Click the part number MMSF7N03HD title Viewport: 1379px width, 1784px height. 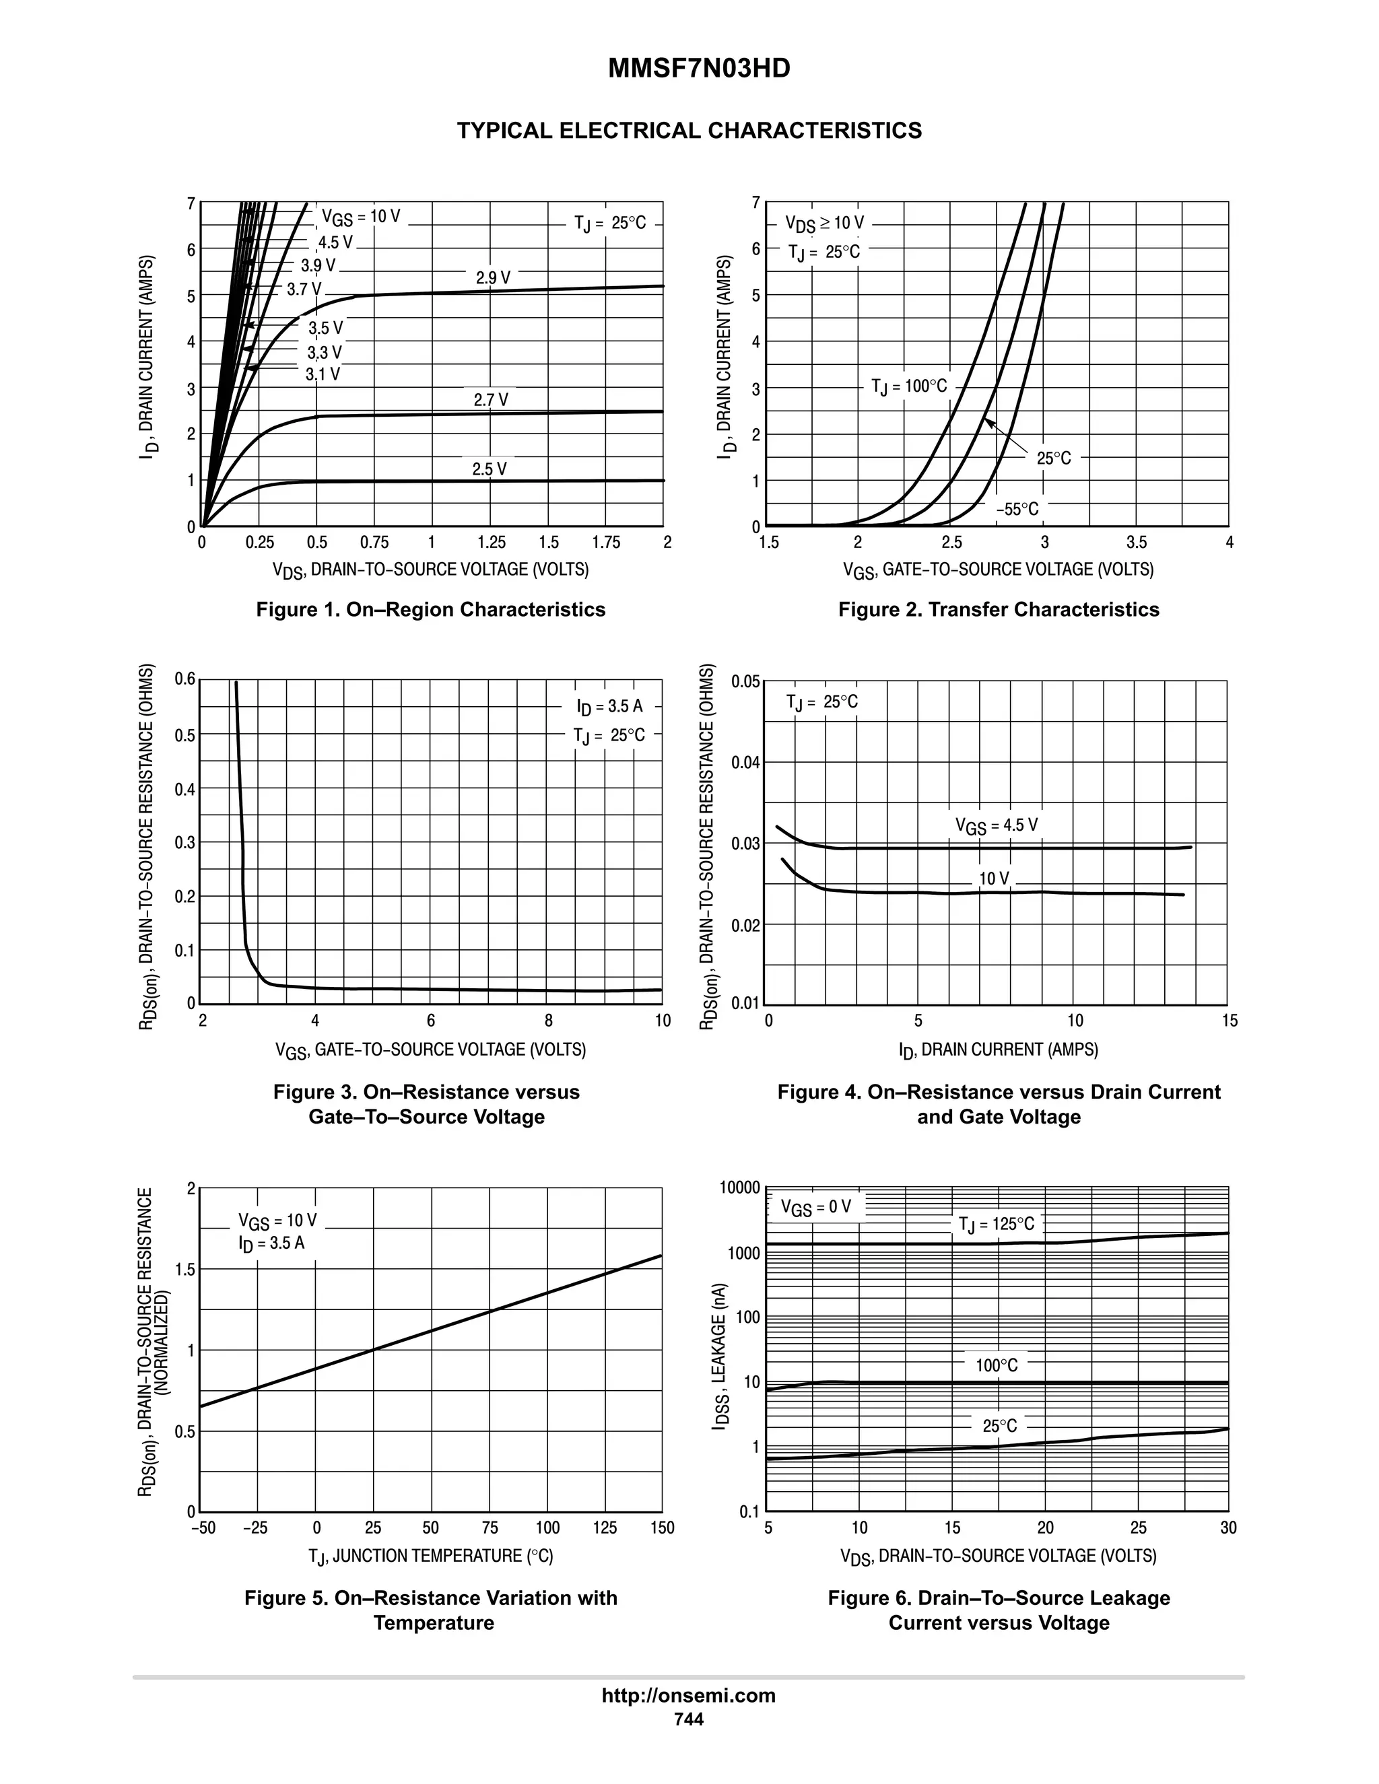698,69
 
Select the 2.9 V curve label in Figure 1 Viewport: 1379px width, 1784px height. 493,278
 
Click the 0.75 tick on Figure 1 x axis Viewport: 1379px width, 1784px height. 374,543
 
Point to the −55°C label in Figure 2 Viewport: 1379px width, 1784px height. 1017,510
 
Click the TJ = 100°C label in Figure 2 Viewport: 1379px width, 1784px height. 908,386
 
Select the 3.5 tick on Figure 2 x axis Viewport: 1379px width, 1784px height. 1137,543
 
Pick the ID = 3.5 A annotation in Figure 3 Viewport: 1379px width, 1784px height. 609,706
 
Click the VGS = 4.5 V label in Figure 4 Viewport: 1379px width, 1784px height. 996,826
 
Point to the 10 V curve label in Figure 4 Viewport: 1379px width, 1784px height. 993,879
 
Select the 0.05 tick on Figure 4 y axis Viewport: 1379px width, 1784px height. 746,681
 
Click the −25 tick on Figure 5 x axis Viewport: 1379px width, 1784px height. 256,1528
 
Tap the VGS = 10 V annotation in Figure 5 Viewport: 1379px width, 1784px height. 277,1221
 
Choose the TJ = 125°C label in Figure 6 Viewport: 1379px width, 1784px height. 996,1225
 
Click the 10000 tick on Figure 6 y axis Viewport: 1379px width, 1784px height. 739,1188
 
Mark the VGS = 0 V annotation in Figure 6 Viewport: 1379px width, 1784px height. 815,1207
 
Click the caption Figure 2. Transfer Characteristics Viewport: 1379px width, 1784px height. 999,609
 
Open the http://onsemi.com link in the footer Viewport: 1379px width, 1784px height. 688,1695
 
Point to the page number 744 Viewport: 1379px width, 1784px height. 688,1719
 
